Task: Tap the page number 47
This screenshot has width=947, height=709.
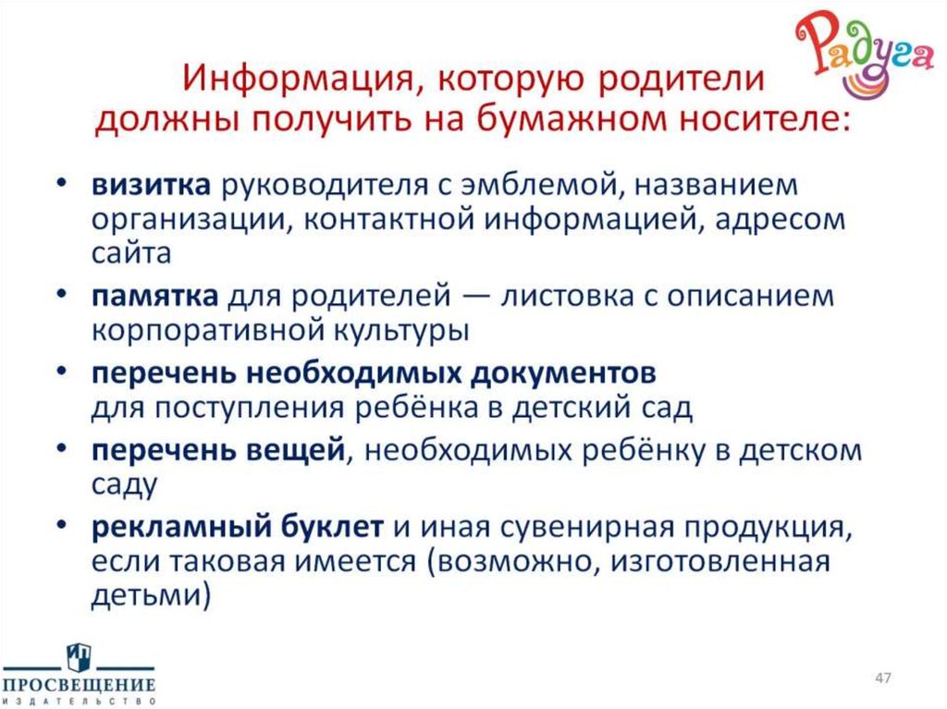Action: (882, 679)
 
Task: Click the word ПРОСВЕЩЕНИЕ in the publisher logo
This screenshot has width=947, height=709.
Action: (79, 685)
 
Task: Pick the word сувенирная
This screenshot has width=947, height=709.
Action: (574, 528)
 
